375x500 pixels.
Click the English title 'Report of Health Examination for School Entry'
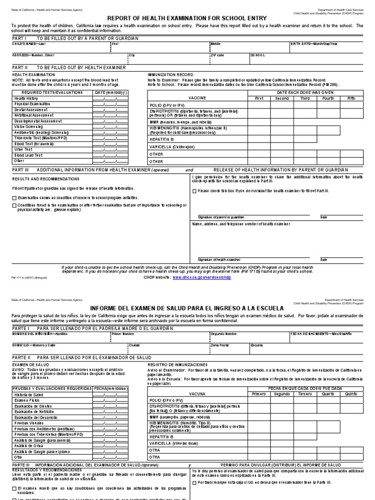click(x=187, y=18)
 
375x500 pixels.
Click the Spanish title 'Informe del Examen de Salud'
click(x=187, y=308)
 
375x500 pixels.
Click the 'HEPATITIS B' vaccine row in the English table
click(x=161, y=139)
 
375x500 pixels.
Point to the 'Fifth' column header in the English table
click(x=351, y=98)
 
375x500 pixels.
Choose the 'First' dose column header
click(x=258, y=98)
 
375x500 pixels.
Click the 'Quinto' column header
click(x=351, y=393)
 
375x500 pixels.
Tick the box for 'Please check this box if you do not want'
click(x=194, y=191)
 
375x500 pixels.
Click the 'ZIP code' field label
click(x=217, y=55)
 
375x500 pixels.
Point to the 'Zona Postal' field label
click(x=219, y=345)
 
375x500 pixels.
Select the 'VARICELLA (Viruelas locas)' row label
click(x=175, y=443)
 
